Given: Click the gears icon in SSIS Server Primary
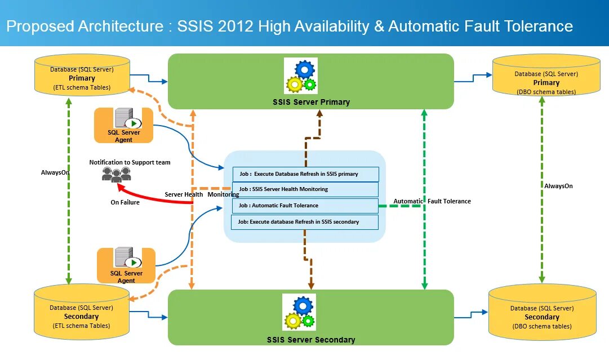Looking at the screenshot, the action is [301, 75].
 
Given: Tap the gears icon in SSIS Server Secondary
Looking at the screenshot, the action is [299, 312].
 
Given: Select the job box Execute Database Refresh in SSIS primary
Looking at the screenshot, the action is [306, 174].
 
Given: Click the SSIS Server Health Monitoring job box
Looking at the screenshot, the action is [305, 189].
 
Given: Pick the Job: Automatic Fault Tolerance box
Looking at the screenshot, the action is [305, 206].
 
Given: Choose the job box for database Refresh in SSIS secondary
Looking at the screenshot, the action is [305, 222].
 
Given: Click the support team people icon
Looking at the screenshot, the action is [116, 175].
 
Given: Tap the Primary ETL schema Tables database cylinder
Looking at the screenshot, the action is [82, 75].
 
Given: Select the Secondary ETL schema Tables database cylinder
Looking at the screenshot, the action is [82, 312].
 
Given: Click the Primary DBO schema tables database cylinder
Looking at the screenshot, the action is [546, 75].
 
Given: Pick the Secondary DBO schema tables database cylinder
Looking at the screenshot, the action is [542, 313].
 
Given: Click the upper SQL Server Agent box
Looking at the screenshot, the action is [123, 126].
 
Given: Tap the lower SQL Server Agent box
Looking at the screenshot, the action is [126, 266].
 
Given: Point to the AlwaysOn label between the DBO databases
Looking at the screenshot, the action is [558, 186].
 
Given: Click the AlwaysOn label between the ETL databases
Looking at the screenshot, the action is [55, 172].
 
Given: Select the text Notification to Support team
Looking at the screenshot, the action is [130, 162].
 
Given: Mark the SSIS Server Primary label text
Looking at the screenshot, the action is [311, 102].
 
